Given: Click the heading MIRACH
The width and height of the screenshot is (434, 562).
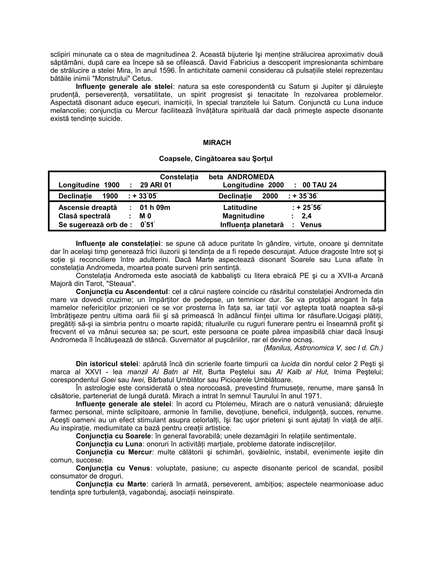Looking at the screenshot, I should pyautogui.click(x=217, y=143).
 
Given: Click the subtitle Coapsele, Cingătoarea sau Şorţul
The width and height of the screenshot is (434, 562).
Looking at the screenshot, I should pyautogui.click(x=216, y=159).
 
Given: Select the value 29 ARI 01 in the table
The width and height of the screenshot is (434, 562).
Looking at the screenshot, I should pyautogui.click(x=156, y=185).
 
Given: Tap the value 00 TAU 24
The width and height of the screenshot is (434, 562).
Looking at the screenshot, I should pyautogui.click(x=320, y=185).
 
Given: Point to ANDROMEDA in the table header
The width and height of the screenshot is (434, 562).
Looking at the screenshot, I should pyautogui.click(x=251, y=177).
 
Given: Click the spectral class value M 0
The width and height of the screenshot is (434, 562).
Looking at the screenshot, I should pyautogui.click(x=145, y=216).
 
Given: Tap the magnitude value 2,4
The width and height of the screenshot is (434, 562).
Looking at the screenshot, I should pyautogui.click(x=306, y=216).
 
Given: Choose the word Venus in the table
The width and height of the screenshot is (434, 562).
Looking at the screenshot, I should pyautogui.click(x=311, y=225).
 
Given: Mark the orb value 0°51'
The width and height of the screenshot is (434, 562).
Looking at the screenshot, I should pyautogui.click(x=147, y=225).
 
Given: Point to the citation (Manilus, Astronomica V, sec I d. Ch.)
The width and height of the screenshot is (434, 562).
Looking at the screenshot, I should pyautogui.click(x=323, y=348).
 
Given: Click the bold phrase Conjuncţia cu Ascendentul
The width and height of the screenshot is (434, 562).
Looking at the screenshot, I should pyautogui.click(x=122, y=292).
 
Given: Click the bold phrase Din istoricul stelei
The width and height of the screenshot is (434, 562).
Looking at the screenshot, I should pyautogui.click(x=107, y=364).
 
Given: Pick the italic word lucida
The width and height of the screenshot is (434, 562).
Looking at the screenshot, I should pyautogui.click(x=290, y=364).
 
